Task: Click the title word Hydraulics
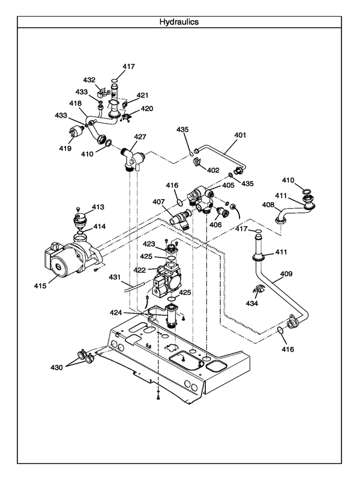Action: (x=179, y=22)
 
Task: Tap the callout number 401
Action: (x=240, y=135)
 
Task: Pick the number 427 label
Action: (x=140, y=137)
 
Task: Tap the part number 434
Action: (x=251, y=304)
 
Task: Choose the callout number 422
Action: (x=139, y=270)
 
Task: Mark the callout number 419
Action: (x=65, y=148)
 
